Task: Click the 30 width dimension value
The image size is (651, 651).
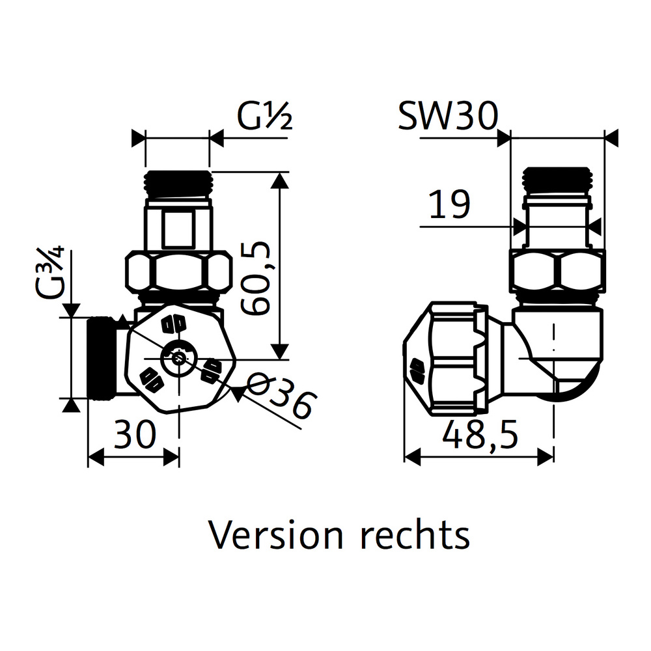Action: click(135, 434)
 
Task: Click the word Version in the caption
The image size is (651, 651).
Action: click(276, 535)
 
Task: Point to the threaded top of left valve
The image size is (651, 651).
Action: click(177, 184)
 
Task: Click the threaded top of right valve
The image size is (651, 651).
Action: click(559, 180)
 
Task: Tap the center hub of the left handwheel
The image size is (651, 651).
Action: click(178, 357)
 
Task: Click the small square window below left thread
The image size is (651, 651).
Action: click(177, 229)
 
